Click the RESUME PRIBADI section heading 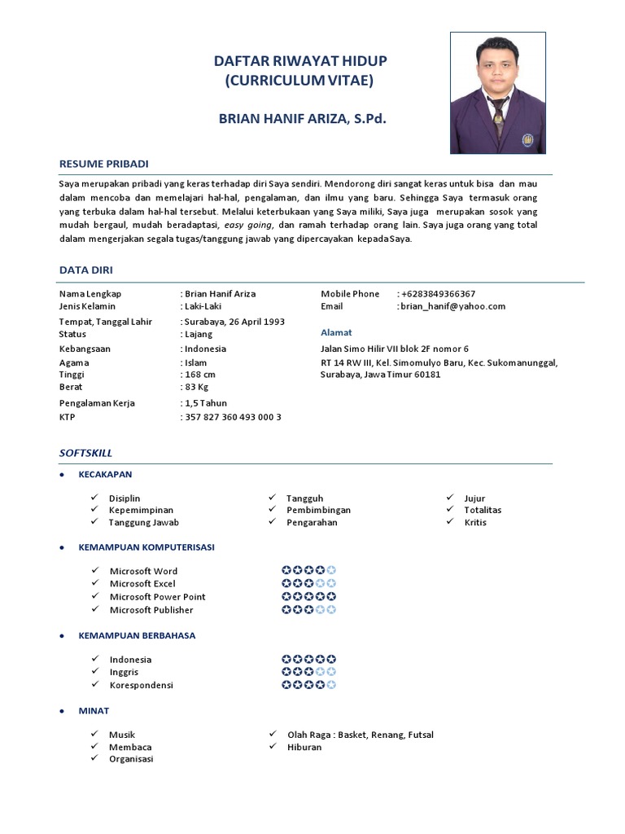103,164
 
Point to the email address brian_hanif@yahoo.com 452,306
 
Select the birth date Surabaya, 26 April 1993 234,321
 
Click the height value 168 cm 200,374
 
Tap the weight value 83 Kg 197,387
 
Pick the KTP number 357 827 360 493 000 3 233,416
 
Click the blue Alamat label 336,332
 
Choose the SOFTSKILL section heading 85,452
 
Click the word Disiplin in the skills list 125,498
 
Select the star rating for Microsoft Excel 308,583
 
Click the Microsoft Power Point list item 157,596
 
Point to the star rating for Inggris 308,672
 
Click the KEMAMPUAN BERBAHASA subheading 137,635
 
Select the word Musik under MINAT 122,735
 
